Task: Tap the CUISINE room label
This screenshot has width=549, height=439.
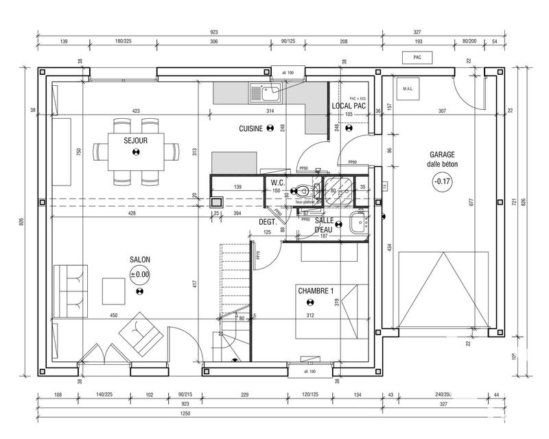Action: pyautogui.click(x=250, y=128)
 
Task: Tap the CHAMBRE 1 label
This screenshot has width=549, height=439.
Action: pyautogui.click(x=316, y=291)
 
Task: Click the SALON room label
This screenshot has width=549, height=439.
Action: pyautogui.click(x=139, y=260)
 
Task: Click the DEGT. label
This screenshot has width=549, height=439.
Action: pyautogui.click(x=267, y=222)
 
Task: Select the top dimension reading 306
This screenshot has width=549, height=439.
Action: pyautogui.click(x=213, y=42)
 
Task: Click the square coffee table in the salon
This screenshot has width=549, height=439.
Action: pyautogui.click(x=113, y=291)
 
